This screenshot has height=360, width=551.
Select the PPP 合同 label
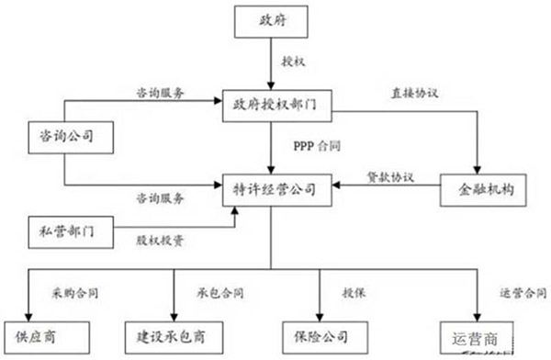pyautogui.click(x=310, y=144)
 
